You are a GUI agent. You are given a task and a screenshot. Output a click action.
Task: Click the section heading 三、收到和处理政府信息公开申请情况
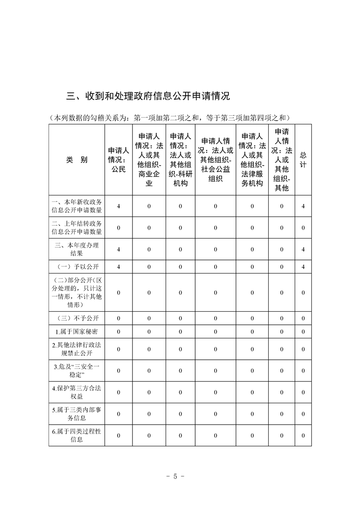pos(148,96)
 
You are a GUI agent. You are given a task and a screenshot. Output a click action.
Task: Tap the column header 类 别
pos(77,160)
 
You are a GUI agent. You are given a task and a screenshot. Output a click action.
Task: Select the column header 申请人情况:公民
pos(118,160)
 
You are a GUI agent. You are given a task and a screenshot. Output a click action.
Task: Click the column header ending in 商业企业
pos(149,160)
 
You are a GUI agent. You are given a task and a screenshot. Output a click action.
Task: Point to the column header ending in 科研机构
pos(180,160)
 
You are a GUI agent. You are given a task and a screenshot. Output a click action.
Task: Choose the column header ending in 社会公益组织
pos(216,160)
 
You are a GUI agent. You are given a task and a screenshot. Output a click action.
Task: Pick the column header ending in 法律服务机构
pos(252,160)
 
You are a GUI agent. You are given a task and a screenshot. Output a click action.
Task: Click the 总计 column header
pos(303,160)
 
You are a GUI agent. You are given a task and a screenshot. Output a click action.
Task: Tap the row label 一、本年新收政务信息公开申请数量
pos(77,206)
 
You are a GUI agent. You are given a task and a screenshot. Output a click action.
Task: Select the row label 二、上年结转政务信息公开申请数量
pos(77,228)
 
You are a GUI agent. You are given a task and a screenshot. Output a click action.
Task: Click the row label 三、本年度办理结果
pos(77,249)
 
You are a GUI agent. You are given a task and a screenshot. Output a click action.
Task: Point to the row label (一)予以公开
pos(77,266)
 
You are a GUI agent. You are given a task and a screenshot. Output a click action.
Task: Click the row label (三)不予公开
pos(77,318)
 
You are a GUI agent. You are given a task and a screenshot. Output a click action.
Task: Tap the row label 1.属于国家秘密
pos(77,332)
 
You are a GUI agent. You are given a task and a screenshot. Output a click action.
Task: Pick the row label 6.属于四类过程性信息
pos(77,435)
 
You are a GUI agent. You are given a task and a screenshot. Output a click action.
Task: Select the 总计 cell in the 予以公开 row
pos(303,266)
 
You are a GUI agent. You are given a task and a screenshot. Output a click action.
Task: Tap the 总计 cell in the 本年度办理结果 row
pos(303,250)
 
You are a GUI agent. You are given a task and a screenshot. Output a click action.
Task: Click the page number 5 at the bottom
pos(175,477)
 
